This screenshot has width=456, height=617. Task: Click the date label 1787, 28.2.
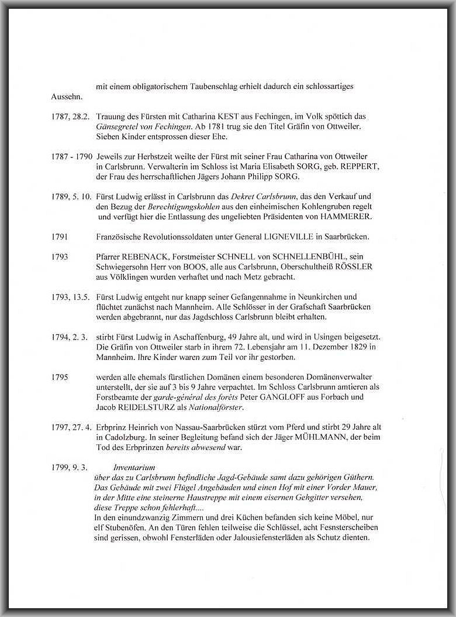pyautogui.click(x=70, y=117)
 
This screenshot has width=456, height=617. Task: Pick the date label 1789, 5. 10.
pyautogui.click(x=71, y=197)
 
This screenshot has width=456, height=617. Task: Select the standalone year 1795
pyautogui.click(x=60, y=377)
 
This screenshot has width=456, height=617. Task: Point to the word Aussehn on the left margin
pyautogui.click(x=67, y=97)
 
